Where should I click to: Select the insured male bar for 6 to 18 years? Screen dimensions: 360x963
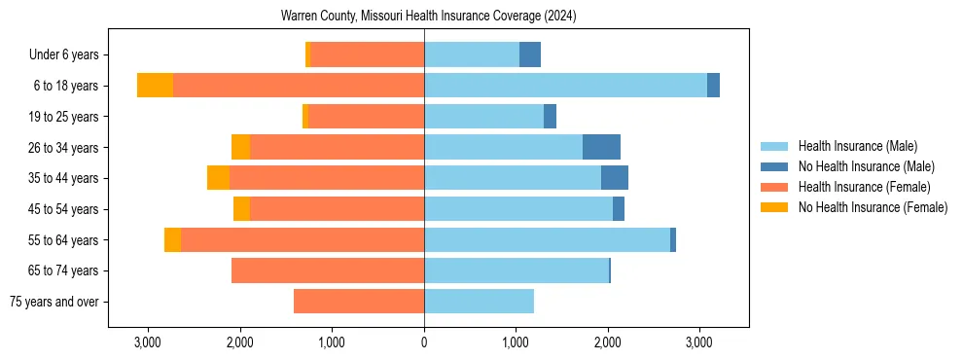(565, 86)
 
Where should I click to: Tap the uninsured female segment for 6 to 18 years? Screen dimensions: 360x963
(155, 86)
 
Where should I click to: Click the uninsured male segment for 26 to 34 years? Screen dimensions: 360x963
(601, 147)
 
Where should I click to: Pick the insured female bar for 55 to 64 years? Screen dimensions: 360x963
(303, 239)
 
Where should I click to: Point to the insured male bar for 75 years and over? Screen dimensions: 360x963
(479, 302)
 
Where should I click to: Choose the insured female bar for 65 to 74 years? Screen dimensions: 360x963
(328, 270)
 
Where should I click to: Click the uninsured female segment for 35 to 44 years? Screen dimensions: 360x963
(218, 178)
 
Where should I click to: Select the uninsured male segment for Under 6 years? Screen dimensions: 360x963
(530, 54)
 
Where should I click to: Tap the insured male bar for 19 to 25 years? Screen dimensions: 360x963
(483, 117)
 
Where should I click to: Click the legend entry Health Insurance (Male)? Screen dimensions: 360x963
(857, 146)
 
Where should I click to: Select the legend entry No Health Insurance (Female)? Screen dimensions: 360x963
(873, 207)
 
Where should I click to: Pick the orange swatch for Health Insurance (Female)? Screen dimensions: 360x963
(774, 187)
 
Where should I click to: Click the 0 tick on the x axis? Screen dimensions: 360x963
(424, 342)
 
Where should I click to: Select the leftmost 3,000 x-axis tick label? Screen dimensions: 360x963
(147, 342)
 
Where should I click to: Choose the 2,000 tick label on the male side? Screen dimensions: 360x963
(608, 342)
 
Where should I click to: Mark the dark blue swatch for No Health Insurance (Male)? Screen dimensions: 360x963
(774, 166)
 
